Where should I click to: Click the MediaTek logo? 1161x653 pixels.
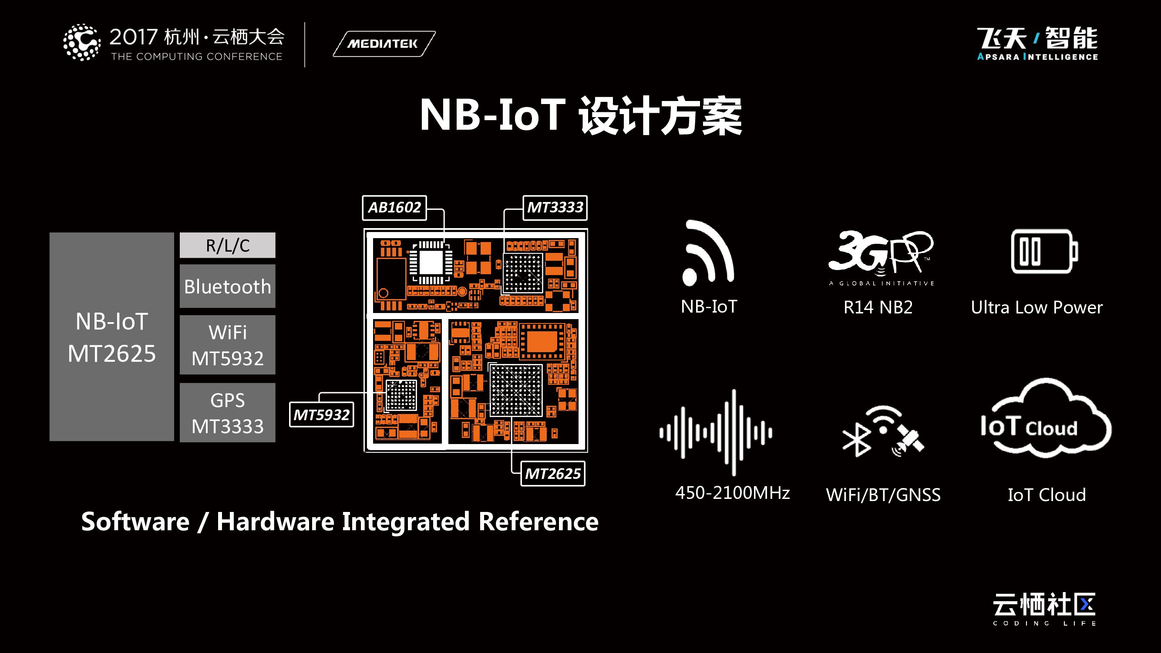tap(384, 44)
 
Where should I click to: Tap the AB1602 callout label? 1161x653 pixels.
tap(394, 208)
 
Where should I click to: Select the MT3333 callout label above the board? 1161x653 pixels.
tap(555, 208)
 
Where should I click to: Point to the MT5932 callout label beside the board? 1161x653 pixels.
tap(321, 414)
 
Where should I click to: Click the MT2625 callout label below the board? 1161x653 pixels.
tap(552, 474)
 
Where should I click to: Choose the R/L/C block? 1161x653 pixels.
tap(228, 245)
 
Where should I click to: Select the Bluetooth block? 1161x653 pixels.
tap(228, 286)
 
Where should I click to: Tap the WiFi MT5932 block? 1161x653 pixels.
tap(228, 345)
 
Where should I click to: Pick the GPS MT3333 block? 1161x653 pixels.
tap(228, 413)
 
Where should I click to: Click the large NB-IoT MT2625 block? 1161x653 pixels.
tap(112, 337)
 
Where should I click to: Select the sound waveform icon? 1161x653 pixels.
tap(716, 433)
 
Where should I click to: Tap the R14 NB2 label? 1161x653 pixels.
tap(878, 307)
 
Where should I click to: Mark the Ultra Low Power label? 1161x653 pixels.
tap(1036, 307)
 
